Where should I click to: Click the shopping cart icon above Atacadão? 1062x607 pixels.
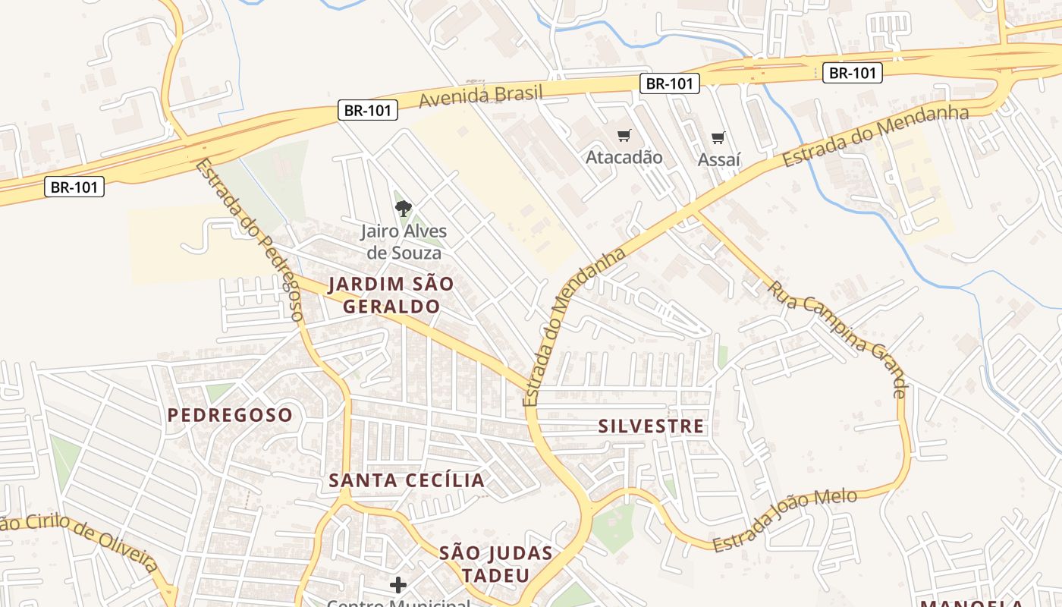624,136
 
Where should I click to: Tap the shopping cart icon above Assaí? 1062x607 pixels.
718,138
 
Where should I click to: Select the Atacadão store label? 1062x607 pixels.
624,157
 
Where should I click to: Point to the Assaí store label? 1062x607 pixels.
718,159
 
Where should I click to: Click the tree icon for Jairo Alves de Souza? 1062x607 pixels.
404,207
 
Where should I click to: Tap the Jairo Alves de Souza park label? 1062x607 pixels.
404,241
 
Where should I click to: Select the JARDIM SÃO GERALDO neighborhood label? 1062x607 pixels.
391,295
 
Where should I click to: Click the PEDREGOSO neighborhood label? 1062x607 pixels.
230,415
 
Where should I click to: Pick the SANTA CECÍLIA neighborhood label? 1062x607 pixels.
407,480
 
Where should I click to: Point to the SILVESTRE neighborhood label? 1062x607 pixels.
651,426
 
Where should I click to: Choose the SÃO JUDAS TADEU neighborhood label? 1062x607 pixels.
496,564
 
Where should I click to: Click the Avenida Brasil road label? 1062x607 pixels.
481,96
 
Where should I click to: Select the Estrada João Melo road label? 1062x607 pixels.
784,521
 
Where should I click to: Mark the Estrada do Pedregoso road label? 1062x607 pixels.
250,240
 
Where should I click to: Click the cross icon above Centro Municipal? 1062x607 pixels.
398,585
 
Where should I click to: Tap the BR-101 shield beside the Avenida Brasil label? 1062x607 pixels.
367,110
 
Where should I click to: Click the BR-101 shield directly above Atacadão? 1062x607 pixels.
669,83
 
